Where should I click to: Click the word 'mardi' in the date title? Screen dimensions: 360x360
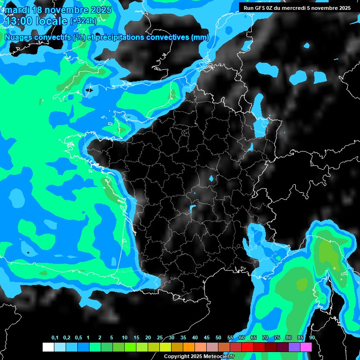(17, 10)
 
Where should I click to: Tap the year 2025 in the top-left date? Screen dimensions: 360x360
(100, 10)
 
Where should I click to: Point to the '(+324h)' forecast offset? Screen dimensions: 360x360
(83, 21)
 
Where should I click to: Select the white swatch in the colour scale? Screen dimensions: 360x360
(48, 347)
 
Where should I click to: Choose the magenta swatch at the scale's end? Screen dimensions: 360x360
(306, 347)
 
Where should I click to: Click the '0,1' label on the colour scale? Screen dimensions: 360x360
(55, 337)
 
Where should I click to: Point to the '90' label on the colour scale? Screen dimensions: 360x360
(312, 337)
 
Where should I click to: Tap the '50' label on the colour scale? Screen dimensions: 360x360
(218, 337)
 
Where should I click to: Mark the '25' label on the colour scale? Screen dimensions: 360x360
(160, 337)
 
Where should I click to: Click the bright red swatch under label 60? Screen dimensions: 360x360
(247, 347)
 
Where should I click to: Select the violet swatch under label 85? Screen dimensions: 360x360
(294, 347)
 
